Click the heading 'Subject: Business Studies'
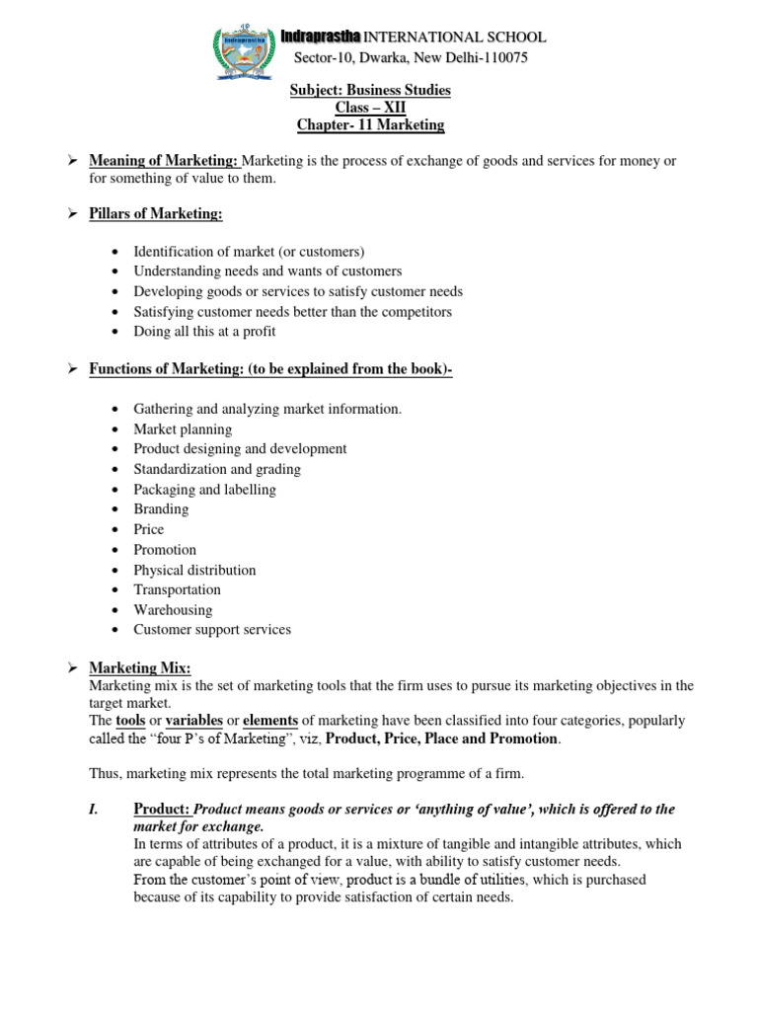[x=370, y=90]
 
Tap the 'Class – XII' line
[x=370, y=108]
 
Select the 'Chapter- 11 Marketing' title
[x=370, y=125]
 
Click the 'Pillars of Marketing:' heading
[x=156, y=214]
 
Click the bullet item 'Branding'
[x=161, y=509]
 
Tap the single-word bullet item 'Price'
[x=149, y=529]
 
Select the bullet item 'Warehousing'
[x=173, y=609]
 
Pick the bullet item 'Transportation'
[x=178, y=589]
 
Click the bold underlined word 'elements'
[x=270, y=721]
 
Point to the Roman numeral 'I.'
[x=95, y=809]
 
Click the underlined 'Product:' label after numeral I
[x=161, y=809]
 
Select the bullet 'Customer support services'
[x=212, y=629]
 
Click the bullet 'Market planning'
[x=183, y=429]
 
